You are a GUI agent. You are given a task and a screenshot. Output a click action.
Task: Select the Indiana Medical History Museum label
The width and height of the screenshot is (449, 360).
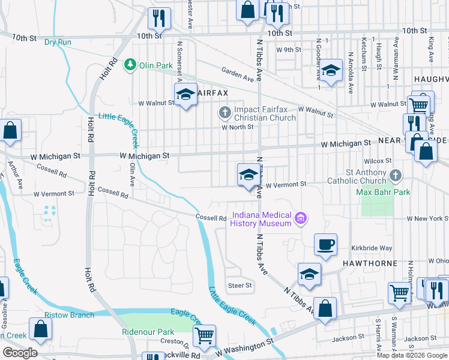point(261,219)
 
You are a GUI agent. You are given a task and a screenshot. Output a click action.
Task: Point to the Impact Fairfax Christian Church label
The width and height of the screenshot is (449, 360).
point(265,113)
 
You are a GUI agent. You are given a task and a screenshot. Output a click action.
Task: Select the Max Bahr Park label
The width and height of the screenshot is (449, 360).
point(382,192)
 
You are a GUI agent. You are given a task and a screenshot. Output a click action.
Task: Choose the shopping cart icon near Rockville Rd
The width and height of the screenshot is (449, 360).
point(205,336)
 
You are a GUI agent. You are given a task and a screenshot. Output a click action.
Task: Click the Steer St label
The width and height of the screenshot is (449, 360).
point(240,286)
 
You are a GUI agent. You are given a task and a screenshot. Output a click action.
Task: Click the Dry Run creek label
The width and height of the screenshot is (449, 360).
point(58,42)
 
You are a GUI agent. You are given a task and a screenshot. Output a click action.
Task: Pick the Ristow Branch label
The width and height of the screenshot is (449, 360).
point(69,315)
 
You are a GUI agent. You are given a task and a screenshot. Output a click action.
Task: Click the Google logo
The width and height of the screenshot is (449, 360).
point(19,353)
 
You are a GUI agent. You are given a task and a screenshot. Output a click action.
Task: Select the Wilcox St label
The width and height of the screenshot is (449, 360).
point(378,161)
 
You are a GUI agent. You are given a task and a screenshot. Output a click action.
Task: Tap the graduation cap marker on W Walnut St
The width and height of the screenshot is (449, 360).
point(185,94)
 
